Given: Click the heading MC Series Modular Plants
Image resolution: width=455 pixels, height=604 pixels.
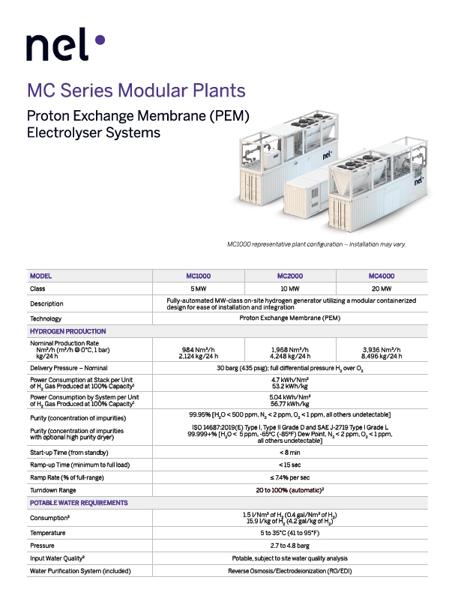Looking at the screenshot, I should tap(136, 91).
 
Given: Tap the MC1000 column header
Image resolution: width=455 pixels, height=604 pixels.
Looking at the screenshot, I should tap(199, 276).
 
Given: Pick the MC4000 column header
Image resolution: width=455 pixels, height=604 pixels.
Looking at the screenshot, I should tap(382, 276).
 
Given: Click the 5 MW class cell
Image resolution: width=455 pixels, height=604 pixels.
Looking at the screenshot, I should tap(199, 289).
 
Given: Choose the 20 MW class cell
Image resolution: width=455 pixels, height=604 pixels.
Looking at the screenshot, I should tap(382, 289).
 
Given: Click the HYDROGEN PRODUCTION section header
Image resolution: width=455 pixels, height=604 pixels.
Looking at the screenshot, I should tap(67, 331).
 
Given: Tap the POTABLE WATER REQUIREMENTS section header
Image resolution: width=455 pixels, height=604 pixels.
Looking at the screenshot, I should tap(79, 503).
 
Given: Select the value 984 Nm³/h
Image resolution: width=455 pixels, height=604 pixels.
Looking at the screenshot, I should tap(199, 349).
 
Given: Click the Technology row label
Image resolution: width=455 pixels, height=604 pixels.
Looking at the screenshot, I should tap(46, 318).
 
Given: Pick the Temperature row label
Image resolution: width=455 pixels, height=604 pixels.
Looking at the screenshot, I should tap(47, 534).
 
